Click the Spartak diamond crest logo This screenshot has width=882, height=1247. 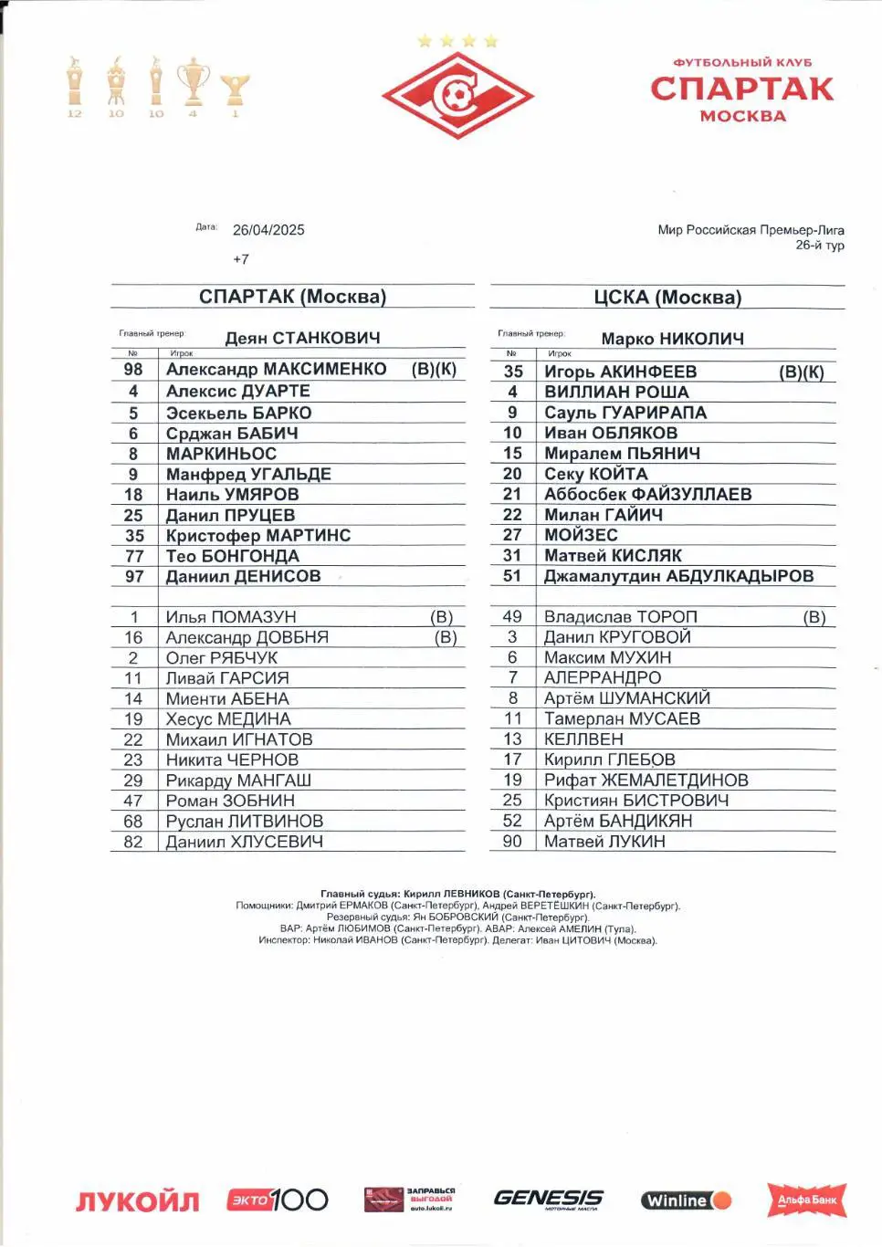pos(457,95)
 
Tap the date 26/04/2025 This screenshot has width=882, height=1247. pos(268,230)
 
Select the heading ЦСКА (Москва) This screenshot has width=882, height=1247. pos(667,298)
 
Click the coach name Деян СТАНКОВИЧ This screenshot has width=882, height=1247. pos(302,338)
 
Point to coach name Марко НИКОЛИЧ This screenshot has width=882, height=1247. pos(672,339)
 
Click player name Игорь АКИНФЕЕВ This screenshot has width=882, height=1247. pos(620,372)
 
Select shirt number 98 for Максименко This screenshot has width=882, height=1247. pos(133,369)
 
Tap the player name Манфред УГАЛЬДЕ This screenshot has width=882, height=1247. pos(248,474)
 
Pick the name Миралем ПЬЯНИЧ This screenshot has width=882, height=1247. pos(622,453)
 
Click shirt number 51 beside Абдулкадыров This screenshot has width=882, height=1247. pos(512,576)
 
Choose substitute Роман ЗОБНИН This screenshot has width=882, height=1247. pos(230,801)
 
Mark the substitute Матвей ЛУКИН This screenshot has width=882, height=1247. pos(604,841)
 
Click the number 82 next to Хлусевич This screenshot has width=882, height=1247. pos(133,842)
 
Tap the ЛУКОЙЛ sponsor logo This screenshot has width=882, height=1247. pos(137,1201)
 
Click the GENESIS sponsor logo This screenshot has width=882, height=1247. pos(548,1199)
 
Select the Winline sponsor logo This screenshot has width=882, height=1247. pos(686,1200)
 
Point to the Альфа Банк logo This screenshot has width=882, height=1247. pos(807,1200)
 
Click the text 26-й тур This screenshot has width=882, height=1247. pos(819,245)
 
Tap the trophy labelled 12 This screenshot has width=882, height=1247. pos(75,86)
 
